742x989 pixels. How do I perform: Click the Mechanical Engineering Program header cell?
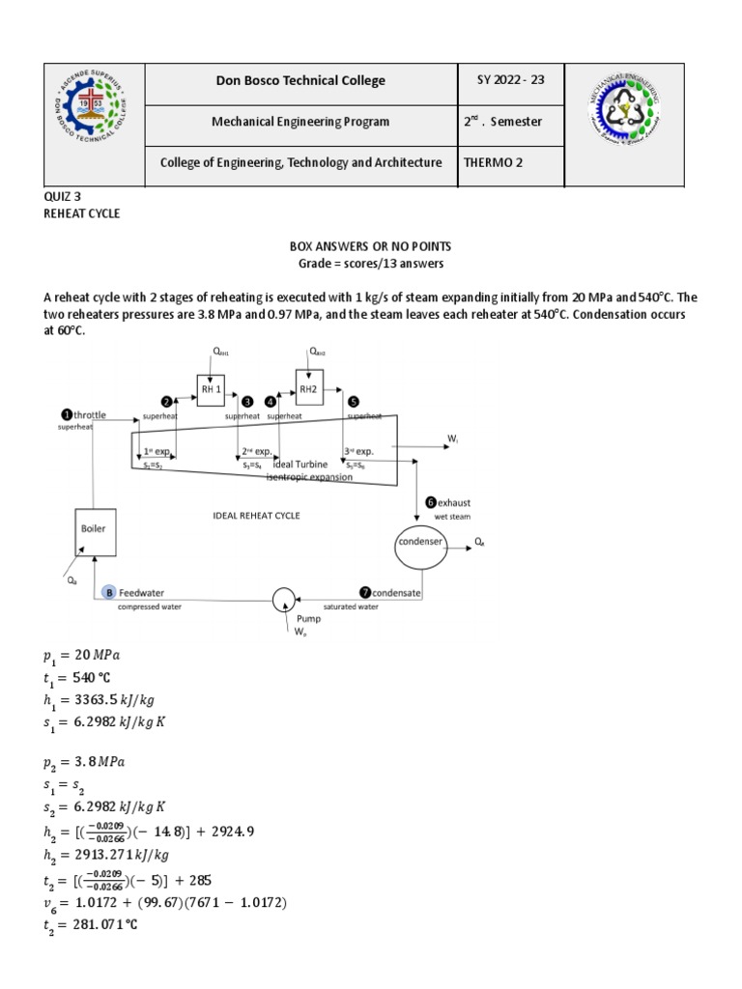click(301, 122)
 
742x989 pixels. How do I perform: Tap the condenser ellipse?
click(419, 543)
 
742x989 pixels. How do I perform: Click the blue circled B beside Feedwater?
click(109, 593)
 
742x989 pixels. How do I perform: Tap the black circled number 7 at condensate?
click(364, 592)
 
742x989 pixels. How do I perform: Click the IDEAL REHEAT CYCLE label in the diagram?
click(256, 516)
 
